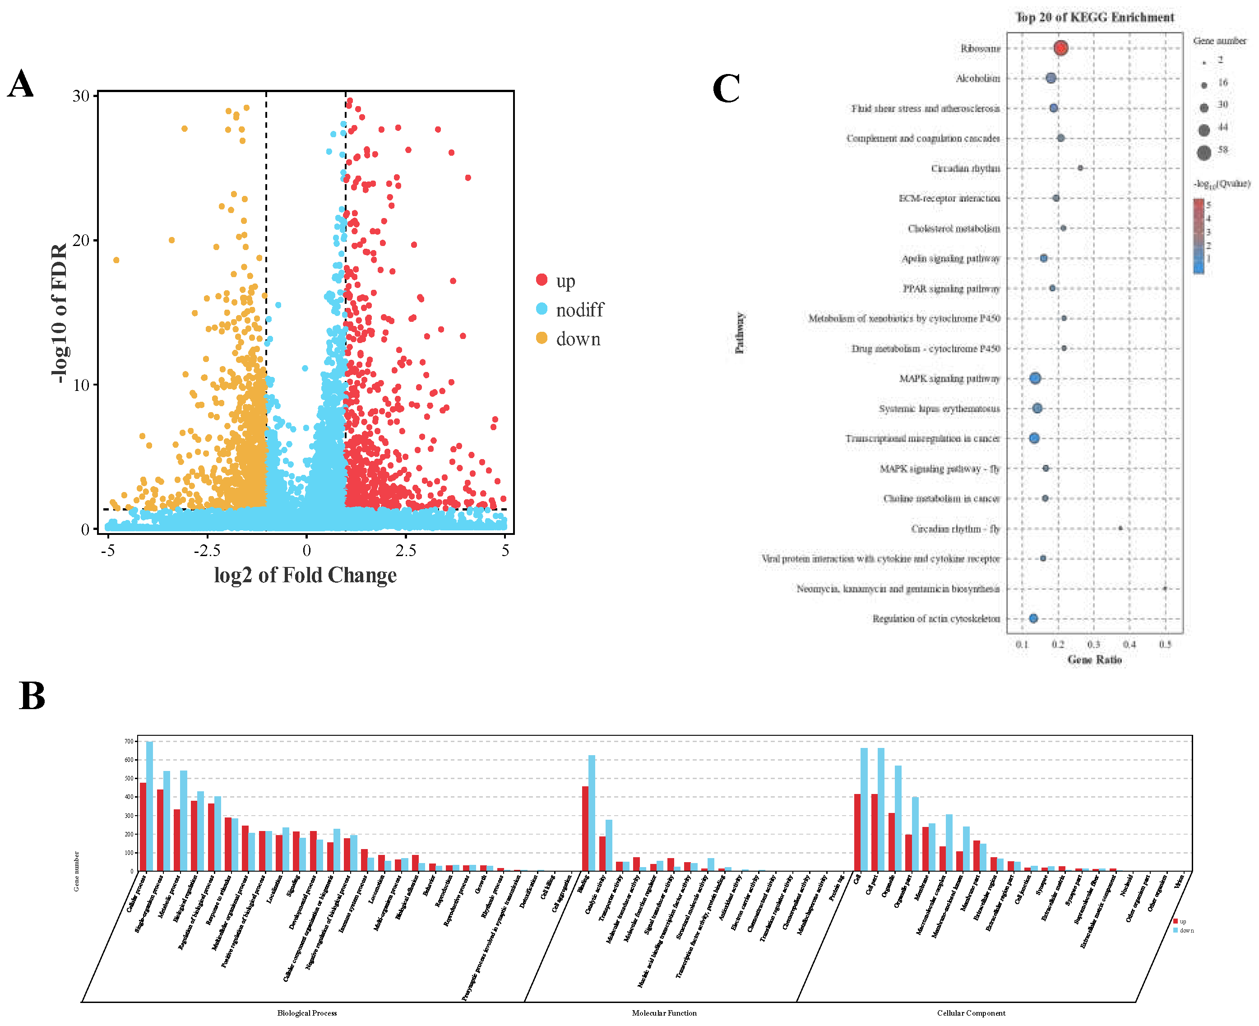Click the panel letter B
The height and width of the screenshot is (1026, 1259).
(x=32, y=696)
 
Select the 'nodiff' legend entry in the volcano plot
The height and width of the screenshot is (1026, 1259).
(x=579, y=310)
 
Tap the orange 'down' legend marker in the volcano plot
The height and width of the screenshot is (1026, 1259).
(x=541, y=338)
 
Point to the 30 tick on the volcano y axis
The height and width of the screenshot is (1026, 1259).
(x=80, y=96)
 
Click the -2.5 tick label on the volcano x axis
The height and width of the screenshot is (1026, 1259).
(x=207, y=551)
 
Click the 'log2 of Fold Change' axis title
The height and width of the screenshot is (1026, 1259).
(x=305, y=575)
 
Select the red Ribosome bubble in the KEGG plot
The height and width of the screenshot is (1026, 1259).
(x=1060, y=48)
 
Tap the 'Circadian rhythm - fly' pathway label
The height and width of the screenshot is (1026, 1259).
(x=955, y=529)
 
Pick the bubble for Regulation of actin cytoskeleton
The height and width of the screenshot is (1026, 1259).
(x=1033, y=618)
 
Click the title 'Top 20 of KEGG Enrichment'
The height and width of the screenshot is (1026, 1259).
(x=1094, y=17)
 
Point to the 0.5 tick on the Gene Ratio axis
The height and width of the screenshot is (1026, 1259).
(x=1165, y=644)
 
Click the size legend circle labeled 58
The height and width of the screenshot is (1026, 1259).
(x=1203, y=153)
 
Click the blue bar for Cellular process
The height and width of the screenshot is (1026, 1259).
(x=149, y=806)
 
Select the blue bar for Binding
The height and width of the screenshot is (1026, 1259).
(x=592, y=812)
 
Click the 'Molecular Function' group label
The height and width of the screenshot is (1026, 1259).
(x=664, y=1012)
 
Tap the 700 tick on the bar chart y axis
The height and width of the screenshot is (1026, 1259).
(x=129, y=741)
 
